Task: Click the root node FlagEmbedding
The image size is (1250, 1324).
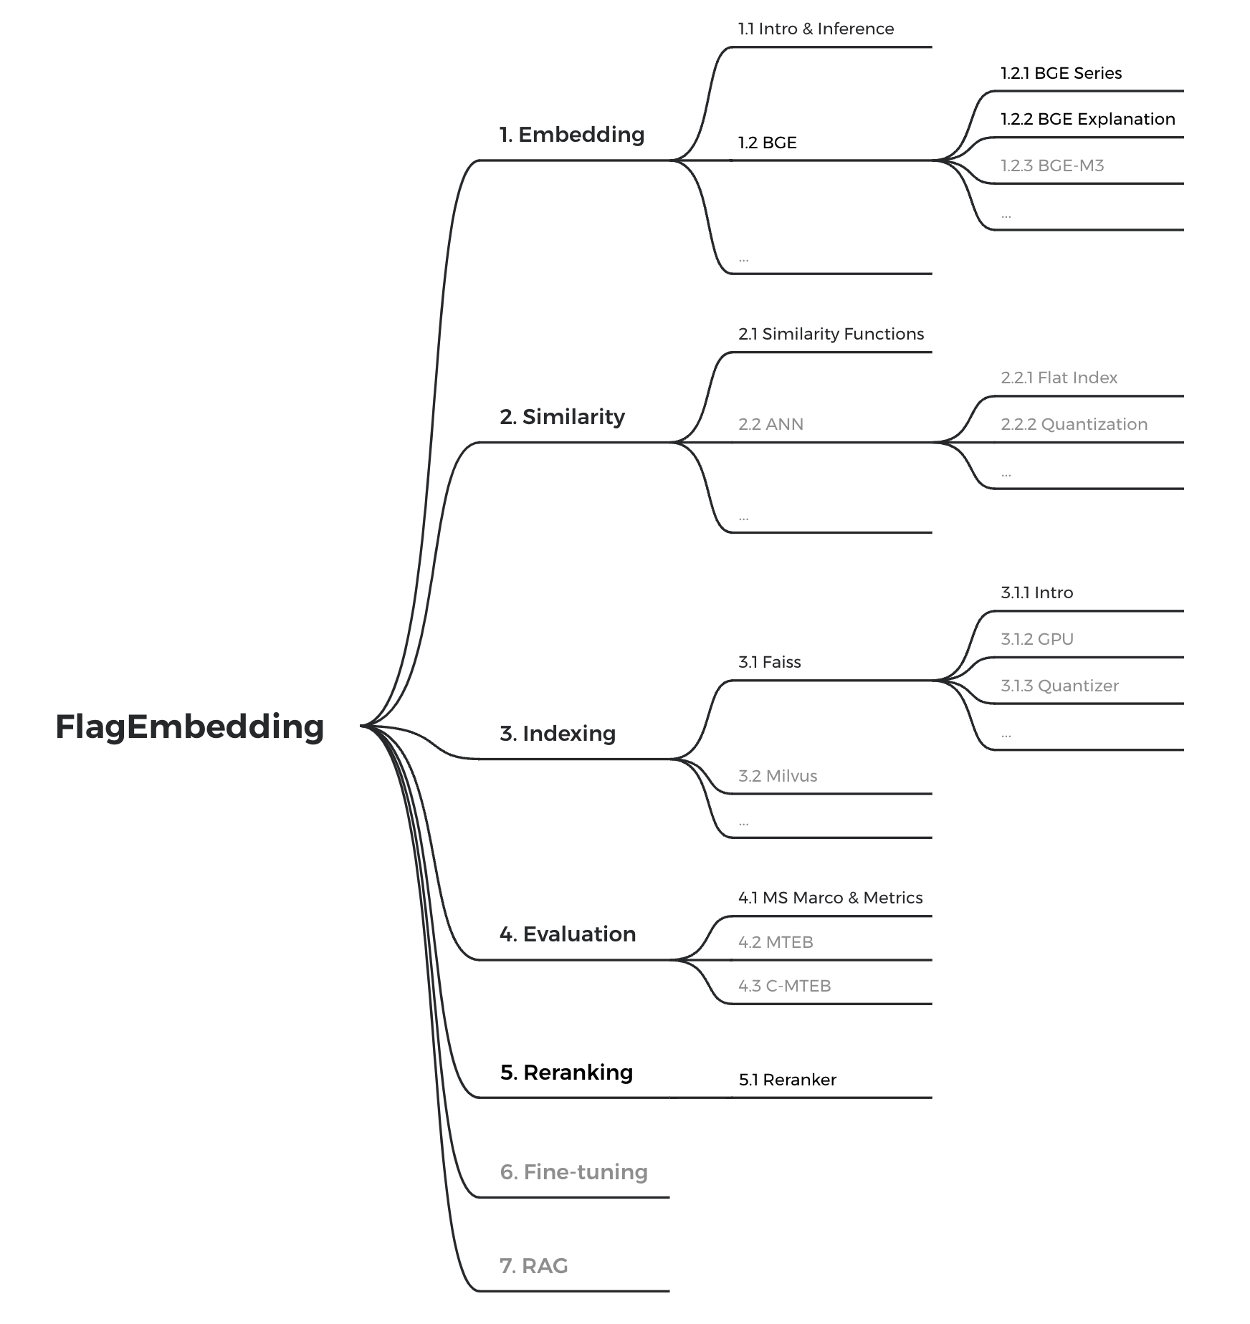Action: [189, 726]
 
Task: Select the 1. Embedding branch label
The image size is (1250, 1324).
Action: [572, 135]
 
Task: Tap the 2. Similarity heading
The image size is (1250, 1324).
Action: [562, 417]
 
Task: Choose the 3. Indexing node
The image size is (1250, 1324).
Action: [558, 734]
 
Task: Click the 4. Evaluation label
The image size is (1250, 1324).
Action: [568, 934]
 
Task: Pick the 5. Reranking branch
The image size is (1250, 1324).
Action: [566, 1073]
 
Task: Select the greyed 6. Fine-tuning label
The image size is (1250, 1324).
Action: [573, 1172]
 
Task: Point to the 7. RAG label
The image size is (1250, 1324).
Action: [533, 1266]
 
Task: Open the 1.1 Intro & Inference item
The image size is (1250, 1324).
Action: [816, 29]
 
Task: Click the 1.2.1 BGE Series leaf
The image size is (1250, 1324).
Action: [1061, 73]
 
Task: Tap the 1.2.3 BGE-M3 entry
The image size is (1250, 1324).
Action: [1052, 165]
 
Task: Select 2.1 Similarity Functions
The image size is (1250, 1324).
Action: [831, 334]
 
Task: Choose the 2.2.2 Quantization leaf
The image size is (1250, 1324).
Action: [1074, 424]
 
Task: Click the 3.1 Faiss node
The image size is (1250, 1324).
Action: [769, 662]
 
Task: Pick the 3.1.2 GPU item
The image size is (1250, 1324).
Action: [1036, 639]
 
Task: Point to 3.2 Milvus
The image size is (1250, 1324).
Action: [777, 776]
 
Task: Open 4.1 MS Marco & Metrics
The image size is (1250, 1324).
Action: [830, 898]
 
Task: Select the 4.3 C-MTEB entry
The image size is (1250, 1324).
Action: [784, 986]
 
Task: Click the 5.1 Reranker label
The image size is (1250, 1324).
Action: [787, 1080]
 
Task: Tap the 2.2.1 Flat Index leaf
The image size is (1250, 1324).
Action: [1059, 378]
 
